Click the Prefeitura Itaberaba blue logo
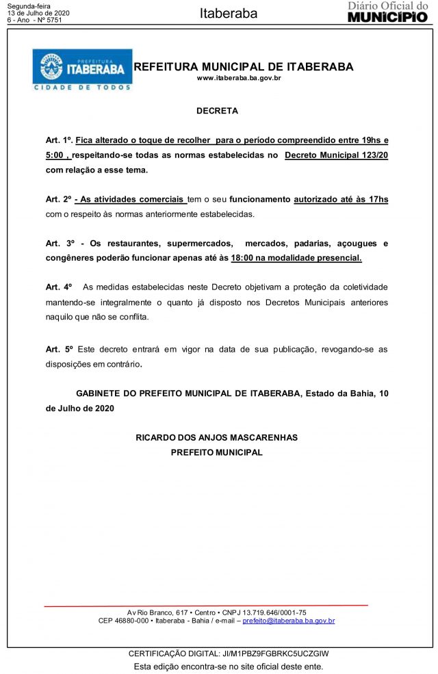coord(82,70)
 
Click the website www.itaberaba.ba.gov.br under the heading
coord(240,79)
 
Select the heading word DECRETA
coord(217,110)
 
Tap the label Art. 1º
coord(59,140)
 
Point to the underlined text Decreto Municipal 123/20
coord(336,155)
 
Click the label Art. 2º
coord(59,199)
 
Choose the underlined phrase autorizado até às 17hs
coord(341,199)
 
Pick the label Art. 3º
coord(59,244)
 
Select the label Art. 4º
coord(59,287)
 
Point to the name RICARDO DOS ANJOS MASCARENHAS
coord(217,437)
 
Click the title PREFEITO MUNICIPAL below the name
coord(217,452)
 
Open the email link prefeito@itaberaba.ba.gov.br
coord(289,621)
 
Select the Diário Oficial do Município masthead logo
coord(387,12)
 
